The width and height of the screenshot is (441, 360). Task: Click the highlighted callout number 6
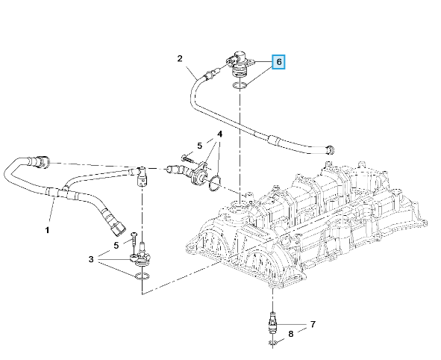[x=279, y=62]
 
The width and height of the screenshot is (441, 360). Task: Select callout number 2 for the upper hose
[x=180, y=58]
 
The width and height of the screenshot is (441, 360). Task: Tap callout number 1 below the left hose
[x=47, y=230]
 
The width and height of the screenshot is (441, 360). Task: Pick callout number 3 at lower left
[x=90, y=259]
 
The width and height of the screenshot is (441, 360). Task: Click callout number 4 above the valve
[x=219, y=134]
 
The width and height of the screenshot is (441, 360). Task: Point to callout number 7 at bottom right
[x=313, y=324]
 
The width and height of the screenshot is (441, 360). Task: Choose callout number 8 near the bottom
[x=291, y=334]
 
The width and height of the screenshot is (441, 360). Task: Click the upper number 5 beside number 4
[x=200, y=146]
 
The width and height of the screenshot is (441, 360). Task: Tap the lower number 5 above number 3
[x=116, y=246]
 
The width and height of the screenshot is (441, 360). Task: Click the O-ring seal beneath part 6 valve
[x=239, y=84]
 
